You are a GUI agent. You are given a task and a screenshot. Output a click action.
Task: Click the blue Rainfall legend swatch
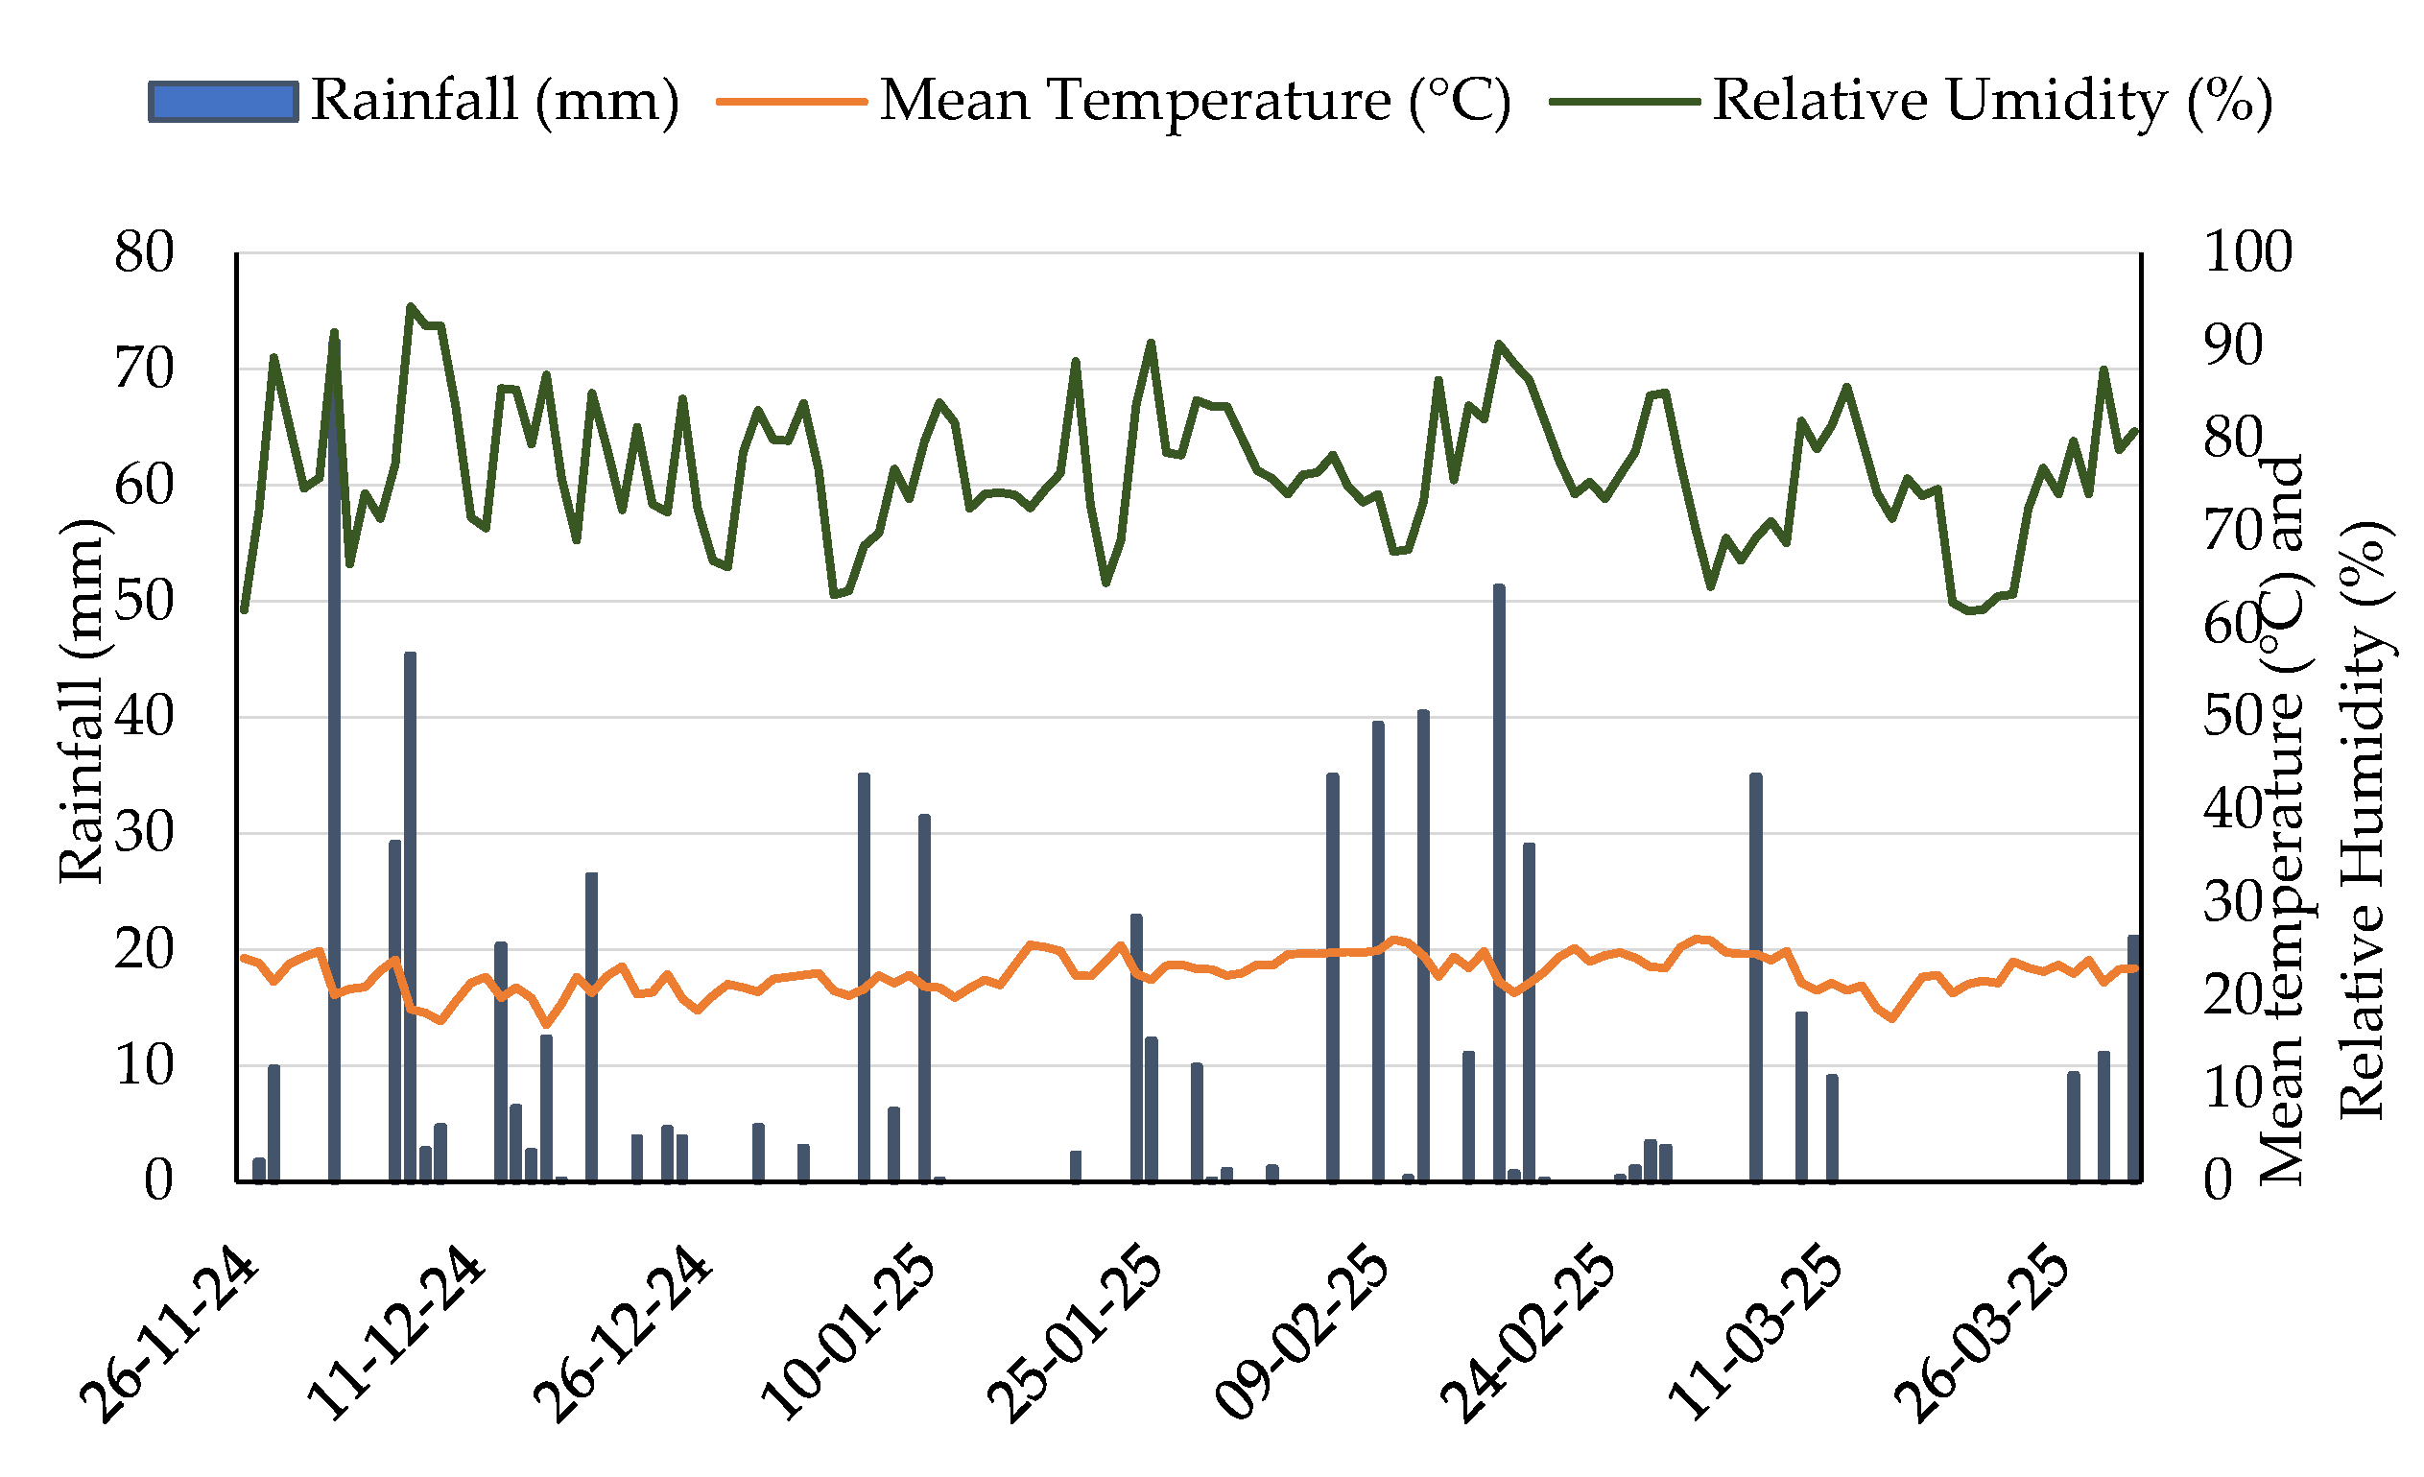click(x=224, y=103)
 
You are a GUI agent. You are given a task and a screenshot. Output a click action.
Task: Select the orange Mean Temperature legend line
click(x=792, y=102)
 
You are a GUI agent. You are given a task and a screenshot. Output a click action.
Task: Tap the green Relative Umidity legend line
click(x=1626, y=102)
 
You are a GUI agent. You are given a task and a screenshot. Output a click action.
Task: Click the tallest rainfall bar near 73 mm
click(x=335, y=757)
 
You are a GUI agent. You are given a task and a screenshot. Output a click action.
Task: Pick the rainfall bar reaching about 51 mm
click(x=1499, y=883)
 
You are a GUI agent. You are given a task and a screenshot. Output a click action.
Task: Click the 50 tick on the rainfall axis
click(x=145, y=601)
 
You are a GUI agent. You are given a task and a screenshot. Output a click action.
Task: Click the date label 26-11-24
click(x=169, y=1335)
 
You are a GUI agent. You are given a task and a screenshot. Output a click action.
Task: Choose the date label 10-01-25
click(x=849, y=1335)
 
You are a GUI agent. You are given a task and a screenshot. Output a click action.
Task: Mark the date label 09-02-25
click(x=1302, y=1335)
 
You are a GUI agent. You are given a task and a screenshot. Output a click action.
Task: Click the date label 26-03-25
click(x=1983, y=1335)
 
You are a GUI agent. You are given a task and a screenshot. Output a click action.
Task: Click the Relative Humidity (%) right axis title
click(x=2361, y=819)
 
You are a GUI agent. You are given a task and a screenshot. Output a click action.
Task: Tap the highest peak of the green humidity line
click(x=410, y=306)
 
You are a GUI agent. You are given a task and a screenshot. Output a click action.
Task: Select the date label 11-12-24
click(x=396, y=1335)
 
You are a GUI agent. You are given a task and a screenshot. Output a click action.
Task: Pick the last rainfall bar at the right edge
click(x=2135, y=1059)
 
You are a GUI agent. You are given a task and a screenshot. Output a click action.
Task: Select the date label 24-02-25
click(x=1529, y=1335)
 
